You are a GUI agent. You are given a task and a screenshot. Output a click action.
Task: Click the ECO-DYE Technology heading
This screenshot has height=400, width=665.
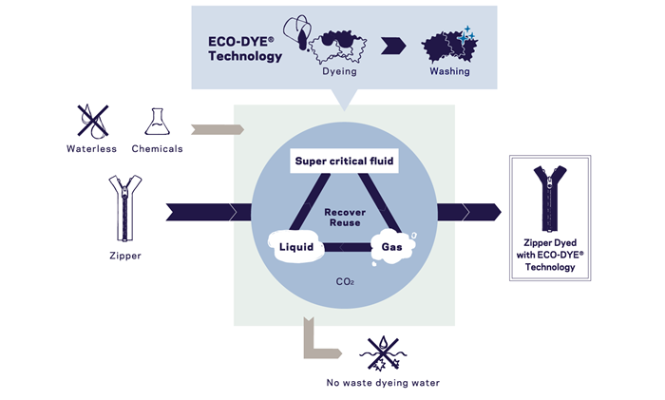pos(245,49)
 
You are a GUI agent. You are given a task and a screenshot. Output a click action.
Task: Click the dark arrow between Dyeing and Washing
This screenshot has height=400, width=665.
pos(388,44)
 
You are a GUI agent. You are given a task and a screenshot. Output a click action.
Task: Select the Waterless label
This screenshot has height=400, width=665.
pos(91,148)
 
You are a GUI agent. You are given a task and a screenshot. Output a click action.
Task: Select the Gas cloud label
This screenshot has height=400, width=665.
pos(392,247)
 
